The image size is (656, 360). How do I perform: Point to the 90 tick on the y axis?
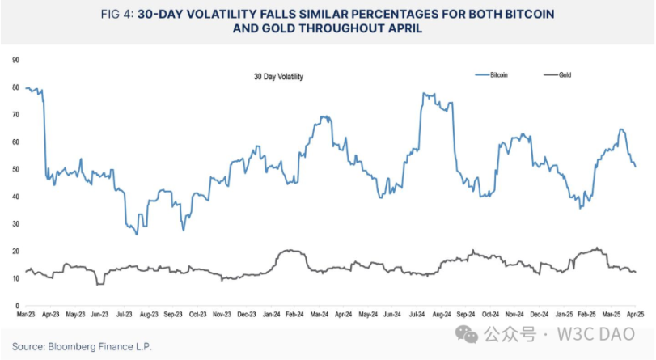(x=16, y=60)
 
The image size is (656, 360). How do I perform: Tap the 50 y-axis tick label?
(x=16, y=169)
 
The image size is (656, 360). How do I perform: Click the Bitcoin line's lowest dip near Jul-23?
(x=137, y=235)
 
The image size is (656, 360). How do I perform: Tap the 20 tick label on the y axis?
(x=16, y=251)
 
